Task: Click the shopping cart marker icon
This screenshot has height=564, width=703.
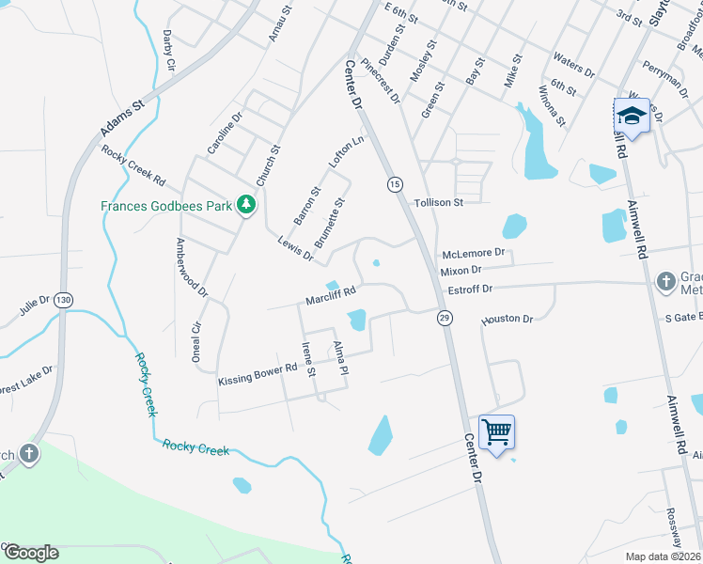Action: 496,431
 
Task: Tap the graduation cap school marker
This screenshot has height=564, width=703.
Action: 632,115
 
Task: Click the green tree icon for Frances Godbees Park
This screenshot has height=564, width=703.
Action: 245,204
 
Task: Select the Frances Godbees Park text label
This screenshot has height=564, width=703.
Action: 167,205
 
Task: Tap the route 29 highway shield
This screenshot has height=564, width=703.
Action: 443,319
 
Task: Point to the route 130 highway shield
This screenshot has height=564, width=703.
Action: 63,299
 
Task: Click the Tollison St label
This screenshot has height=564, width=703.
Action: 439,202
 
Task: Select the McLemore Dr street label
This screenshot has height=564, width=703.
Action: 474,253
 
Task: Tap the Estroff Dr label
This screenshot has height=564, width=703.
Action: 470,290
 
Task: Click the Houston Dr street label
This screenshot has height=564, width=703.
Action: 508,320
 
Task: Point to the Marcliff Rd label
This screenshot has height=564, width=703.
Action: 330,296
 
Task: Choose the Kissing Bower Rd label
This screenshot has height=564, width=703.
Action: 257,376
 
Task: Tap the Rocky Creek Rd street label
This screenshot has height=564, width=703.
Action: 133,166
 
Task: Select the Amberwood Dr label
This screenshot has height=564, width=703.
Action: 191,267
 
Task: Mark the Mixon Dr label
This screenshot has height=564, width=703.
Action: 461,271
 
